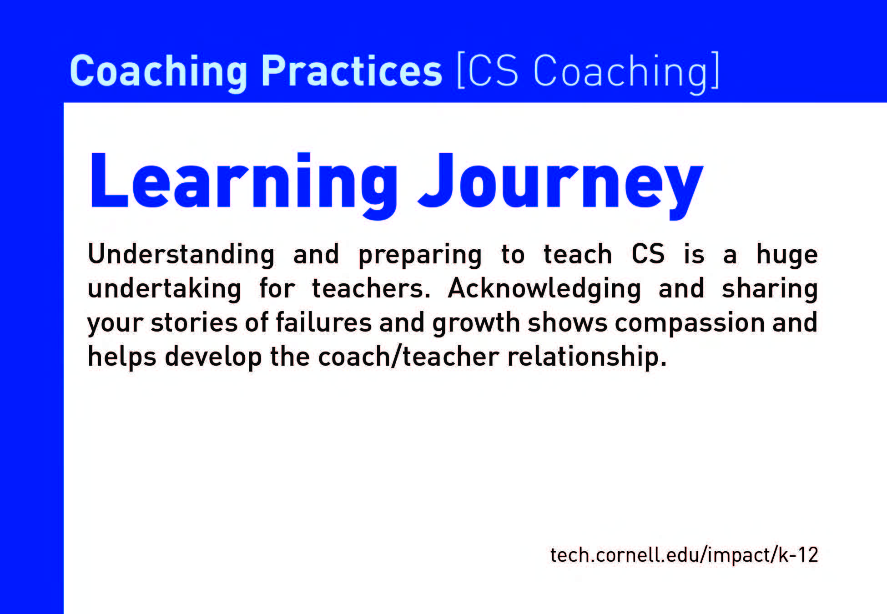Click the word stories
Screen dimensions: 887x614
194,322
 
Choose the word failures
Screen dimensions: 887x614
324,322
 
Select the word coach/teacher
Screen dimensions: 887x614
408,357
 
